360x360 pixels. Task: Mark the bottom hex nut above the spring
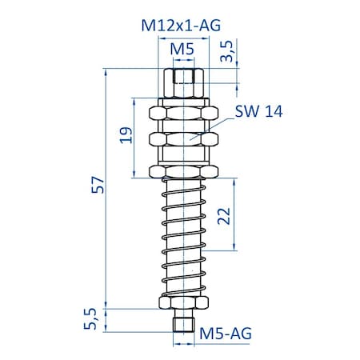pyautogui.click(x=185, y=171)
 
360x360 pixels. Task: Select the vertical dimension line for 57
pyautogui.click(x=106, y=200)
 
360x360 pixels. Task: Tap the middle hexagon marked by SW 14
pyautogui.click(x=185, y=139)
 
